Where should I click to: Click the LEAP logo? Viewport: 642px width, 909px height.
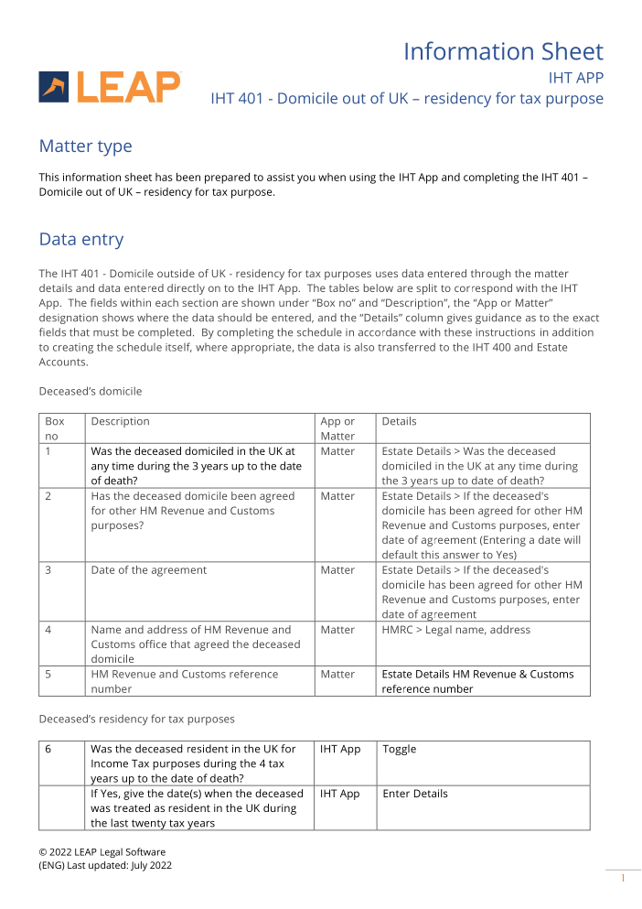coord(110,87)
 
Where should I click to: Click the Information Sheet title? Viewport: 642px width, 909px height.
coord(503,51)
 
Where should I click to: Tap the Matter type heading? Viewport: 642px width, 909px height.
coord(85,146)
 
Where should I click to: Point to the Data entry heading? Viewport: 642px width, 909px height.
coord(80,240)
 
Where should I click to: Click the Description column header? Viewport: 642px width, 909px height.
coord(120,421)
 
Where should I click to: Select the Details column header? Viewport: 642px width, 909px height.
coord(399,421)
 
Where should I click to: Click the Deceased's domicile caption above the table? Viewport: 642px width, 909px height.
coord(90,391)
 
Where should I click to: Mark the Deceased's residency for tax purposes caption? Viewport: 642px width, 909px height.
coord(136,719)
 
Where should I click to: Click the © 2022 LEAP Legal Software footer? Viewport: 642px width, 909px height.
coord(102,852)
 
